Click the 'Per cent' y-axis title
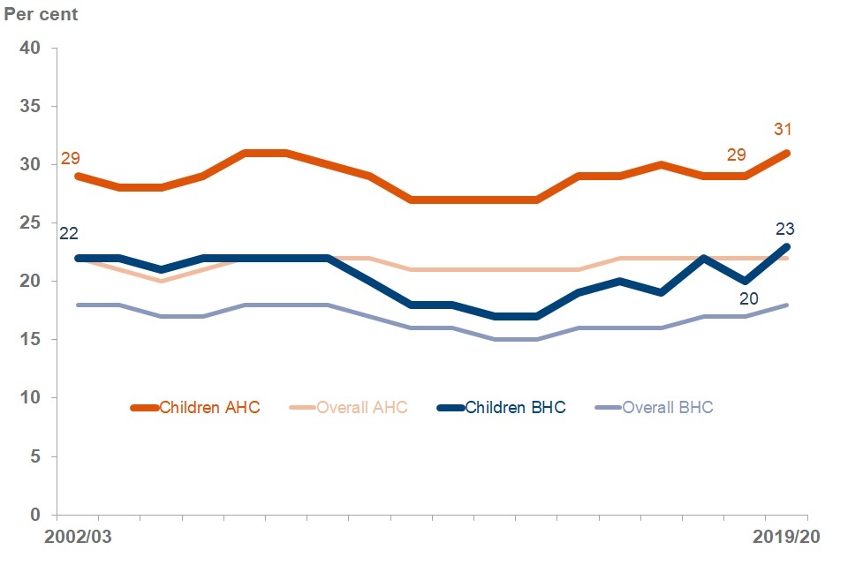41,16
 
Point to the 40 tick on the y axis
31,48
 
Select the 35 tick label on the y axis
31,106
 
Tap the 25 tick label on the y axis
31,222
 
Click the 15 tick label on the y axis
31,339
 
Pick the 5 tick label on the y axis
35,456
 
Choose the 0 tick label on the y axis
35,515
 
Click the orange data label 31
783,129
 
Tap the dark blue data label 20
748,298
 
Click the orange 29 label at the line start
71,159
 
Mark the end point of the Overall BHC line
787,305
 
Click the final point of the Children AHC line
787,153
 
